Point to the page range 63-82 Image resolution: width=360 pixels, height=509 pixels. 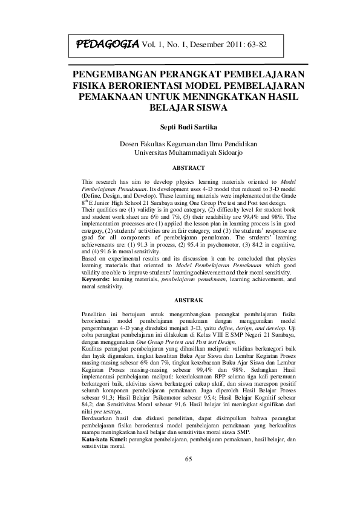pos(255,45)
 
